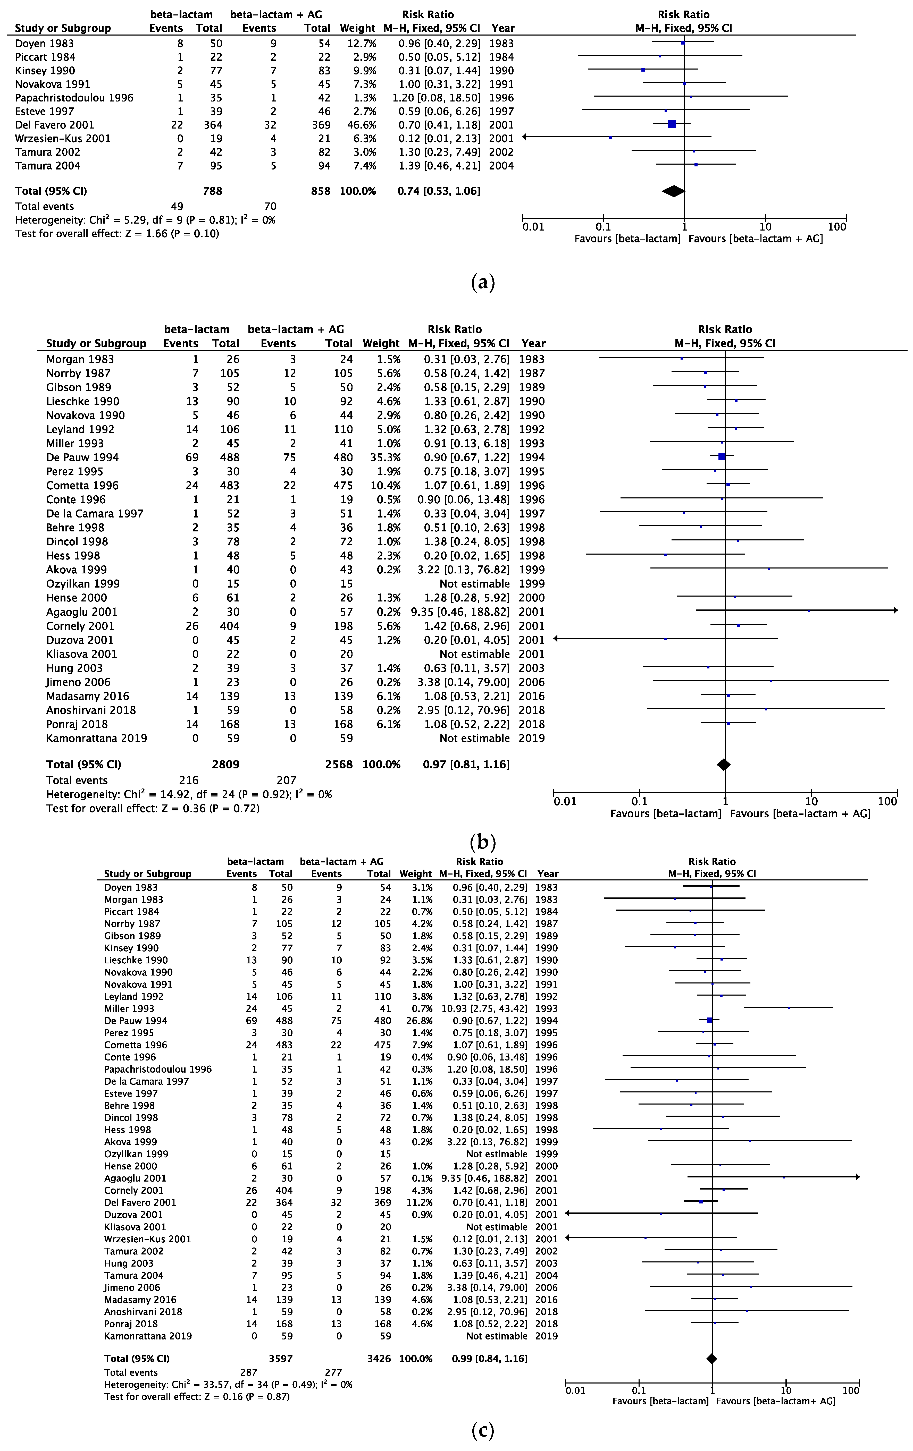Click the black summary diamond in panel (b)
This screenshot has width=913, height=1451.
click(723, 764)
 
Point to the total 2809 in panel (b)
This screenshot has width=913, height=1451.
click(226, 764)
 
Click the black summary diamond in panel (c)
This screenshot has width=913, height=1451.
click(712, 1359)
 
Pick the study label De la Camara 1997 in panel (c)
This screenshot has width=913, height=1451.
click(146, 1081)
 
